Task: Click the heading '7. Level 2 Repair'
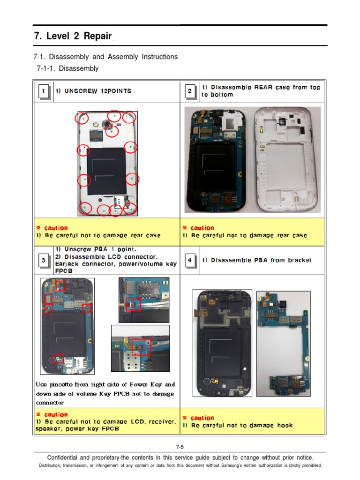(73, 37)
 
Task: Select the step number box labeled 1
(43, 91)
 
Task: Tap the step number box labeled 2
(189, 91)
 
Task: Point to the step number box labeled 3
(43, 261)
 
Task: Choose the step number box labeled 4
(189, 261)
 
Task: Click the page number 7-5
(180, 447)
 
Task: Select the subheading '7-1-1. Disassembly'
(67, 68)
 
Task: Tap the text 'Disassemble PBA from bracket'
(261, 260)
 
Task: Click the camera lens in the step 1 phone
(107, 125)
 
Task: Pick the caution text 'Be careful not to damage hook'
(242, 425)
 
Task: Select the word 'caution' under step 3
(56, 414)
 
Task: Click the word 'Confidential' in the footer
(64, 457)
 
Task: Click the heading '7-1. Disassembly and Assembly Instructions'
(105, 57)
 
